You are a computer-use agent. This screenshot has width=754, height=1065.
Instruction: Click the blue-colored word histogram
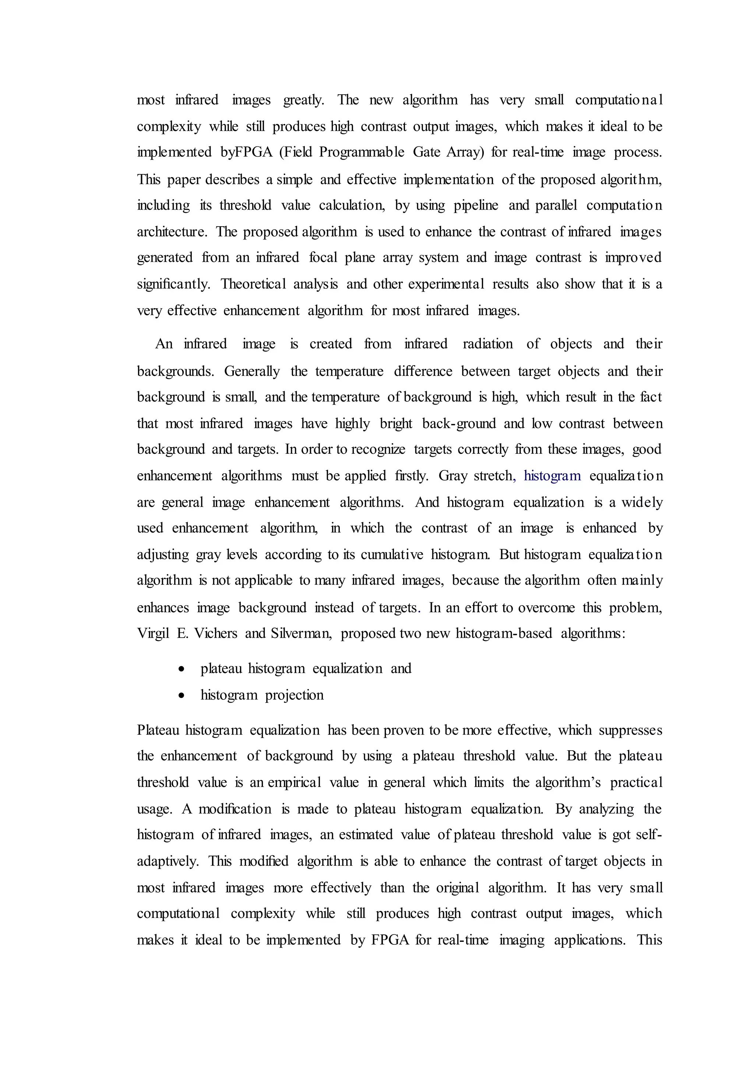[x=552, y=476]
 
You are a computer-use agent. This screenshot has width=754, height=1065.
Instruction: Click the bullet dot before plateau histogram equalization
[x=182, y=669]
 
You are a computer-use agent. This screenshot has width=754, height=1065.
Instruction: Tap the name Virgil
[x=153, y=634]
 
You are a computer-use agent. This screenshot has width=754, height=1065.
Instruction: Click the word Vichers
[x=215, y=634]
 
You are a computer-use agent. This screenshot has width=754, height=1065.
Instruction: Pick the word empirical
[x=295, y=783]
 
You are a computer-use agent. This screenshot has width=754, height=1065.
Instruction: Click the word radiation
[x=487, y=344]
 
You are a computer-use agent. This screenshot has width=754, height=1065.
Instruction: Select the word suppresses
[x=630, y=730]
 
